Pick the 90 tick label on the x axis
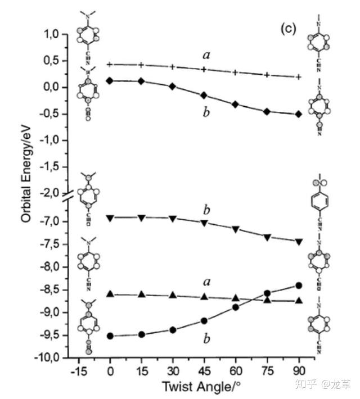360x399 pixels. [x=298, y=371]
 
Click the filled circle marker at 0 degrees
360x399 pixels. [x=110, y=336]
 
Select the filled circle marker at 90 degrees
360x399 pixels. [x=299, y=285]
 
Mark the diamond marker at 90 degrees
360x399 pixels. [x=299, y=114]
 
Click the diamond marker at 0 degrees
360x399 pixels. [x=110, y=81]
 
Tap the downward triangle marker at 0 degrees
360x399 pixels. [x=110, y=217]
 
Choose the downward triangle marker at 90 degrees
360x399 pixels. [x=299, y=242]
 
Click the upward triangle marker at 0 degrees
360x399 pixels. [x=110, y=294]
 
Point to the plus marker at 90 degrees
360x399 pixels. [x=299, y=77]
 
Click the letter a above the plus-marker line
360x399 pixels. [x=206, y=55]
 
